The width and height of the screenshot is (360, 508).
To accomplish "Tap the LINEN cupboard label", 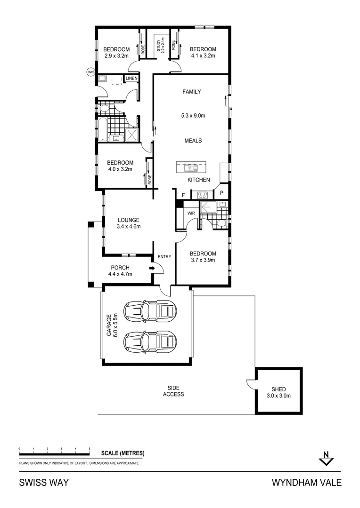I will coord(131,78).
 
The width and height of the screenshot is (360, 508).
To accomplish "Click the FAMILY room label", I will coord(192,92).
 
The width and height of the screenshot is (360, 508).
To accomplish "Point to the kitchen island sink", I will coord(190,167).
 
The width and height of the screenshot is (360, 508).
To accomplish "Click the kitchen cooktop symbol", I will coord(202,194).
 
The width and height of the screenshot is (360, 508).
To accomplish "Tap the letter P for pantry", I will coord(221,193).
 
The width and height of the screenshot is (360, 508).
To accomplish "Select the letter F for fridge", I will coord(183,195).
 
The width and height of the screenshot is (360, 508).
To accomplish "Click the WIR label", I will coord(191,213).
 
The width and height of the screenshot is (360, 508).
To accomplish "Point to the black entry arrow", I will coord(152,268).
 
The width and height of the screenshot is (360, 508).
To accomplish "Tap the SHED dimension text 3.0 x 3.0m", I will coord(278,396).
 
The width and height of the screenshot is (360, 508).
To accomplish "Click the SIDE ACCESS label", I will coord(173,391).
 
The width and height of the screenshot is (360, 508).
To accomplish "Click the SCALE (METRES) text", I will coord(123,453).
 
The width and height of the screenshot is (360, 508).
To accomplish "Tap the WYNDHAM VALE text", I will coord(306,483).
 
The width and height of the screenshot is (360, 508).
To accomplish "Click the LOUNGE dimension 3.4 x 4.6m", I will coord(129,226).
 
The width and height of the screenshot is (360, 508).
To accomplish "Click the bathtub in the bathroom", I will coord(101,129).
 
